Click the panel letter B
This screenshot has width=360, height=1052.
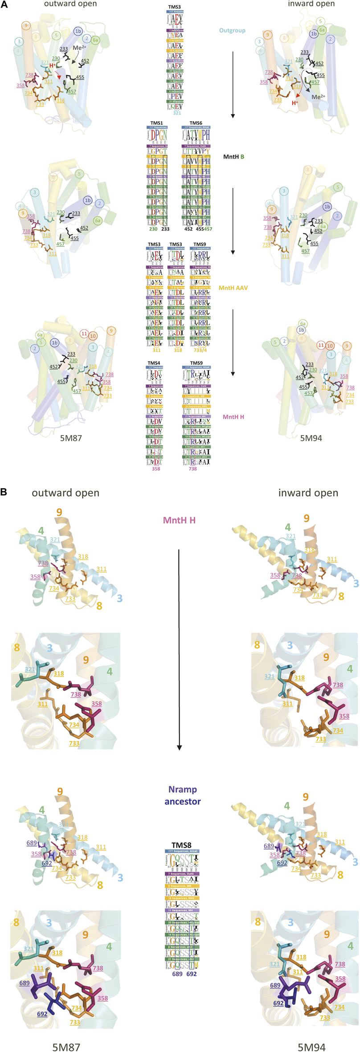pos(4,492)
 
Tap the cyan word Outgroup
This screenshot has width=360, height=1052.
pos(232,31)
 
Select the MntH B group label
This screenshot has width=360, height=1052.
pos(233,157)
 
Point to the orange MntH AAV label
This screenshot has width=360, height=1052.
pos(233,288)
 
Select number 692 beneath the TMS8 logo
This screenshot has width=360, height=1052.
pos(192,974)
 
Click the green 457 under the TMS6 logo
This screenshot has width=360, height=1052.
pos(208,229)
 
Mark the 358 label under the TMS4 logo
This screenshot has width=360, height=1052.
pos(156,469)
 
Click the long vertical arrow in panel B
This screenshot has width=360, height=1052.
pos(179,650)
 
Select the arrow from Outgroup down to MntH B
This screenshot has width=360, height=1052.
pos(233,85)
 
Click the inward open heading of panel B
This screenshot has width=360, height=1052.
pos(308,493)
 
